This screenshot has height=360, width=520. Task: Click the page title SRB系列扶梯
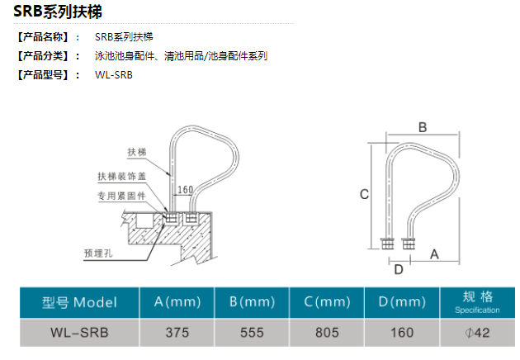(x=57, y=12)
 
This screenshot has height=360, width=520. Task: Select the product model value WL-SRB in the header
(x=113, y=74)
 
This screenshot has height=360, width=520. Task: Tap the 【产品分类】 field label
(x=45, y=56)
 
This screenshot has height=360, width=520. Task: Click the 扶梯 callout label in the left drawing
(x=136, y=151)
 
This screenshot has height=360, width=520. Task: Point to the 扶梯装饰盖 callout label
(x=121, y=176)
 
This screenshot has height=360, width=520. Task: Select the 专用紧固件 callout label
(x=121, y=197)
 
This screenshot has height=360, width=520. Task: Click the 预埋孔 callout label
(x=97, y=253)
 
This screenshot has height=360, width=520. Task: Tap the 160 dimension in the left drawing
(x=186, y=190)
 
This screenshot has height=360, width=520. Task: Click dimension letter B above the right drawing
(x=422, y=127)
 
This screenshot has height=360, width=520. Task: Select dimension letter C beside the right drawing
(x=363, y=194)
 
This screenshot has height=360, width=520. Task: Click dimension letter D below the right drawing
(x=398, y=269)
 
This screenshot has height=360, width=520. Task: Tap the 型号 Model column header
(x=79, y=302)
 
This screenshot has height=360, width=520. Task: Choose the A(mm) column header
(x=177, y=302)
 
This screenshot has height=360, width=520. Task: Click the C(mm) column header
(x=327, y=302)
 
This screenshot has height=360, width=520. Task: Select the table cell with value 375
(x=177, y=333)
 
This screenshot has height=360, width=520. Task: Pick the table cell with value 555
(x=252, y=333)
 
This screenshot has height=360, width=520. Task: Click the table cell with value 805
(x=327, y=333)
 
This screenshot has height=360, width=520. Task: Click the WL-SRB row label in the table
(x=79, y=333)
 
